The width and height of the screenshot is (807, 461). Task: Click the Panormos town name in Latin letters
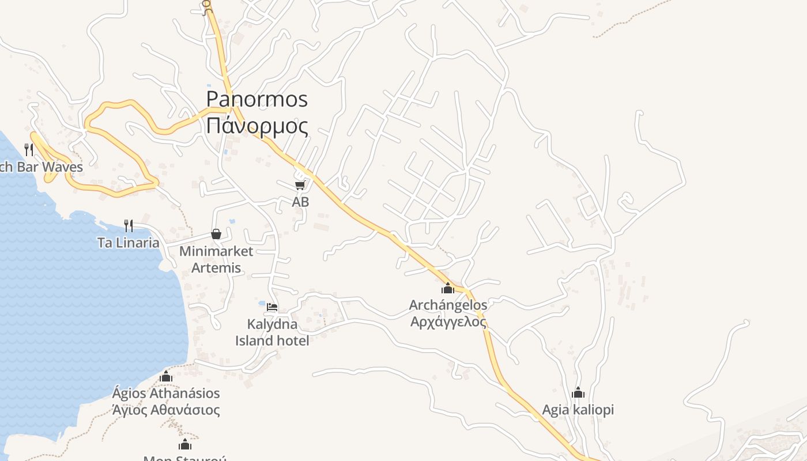(257, 100)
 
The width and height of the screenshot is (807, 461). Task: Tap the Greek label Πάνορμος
(257, 125)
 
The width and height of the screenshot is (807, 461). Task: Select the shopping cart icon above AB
(300, 185)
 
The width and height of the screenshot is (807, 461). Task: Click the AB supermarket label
(300, 202)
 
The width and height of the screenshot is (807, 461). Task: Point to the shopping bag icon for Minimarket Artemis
(216, 233)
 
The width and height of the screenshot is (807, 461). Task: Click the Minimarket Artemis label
(216, 259)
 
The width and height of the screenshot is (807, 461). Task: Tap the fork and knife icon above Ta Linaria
(129, 225)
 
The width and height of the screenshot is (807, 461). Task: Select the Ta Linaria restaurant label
(129, 243)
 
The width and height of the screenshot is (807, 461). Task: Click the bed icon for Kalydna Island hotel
(272, 307)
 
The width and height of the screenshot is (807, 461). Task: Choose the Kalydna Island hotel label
(272, 332)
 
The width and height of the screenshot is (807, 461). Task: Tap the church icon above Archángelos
(448, 288)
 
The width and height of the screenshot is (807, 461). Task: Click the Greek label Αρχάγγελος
(448, 322)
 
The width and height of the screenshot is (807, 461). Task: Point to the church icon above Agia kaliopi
(578, 393)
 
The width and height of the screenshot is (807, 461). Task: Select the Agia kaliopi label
(578, 410)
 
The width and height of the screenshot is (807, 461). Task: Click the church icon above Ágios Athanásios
(166, 377)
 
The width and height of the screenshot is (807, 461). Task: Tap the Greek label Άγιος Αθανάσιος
(166, 410)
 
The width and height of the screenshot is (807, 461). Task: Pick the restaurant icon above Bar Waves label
(29, 150)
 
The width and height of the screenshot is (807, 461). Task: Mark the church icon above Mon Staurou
(185, 444)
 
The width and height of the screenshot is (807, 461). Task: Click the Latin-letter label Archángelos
(448, 305)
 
